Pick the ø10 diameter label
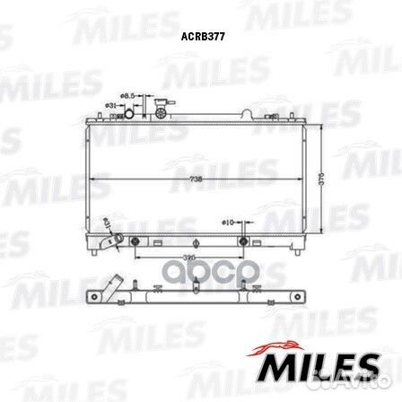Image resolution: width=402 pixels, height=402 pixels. point(227,220)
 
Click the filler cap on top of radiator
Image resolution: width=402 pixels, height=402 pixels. point(162,109)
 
